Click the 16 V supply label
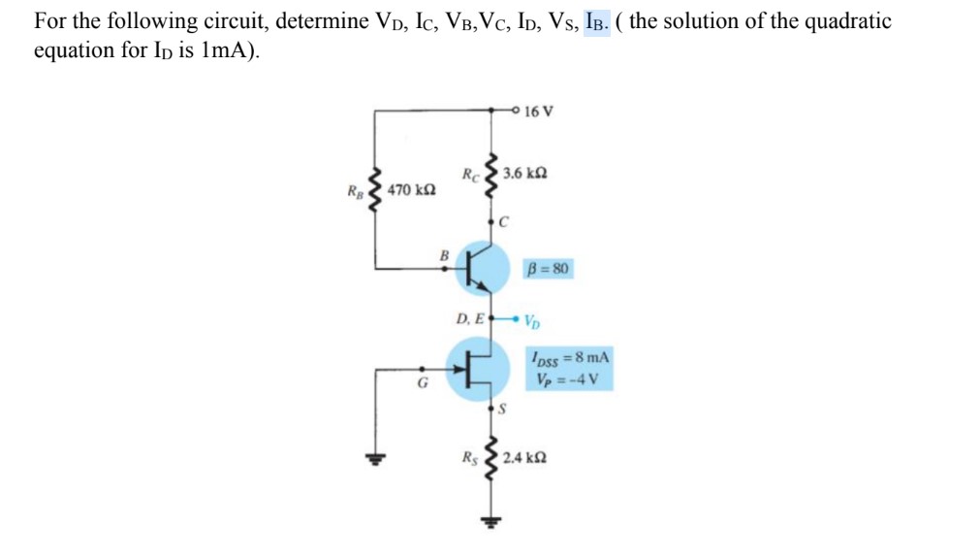[x=539, y=111]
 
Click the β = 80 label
[x=549, y=267]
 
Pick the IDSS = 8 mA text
[x=568, y=358]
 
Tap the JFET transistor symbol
[x=480, y=366]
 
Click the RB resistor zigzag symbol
[x=377, y=188]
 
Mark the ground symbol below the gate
[x=372, y=459]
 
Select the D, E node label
[x=469, y=317]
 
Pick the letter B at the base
[x=445, y=255]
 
